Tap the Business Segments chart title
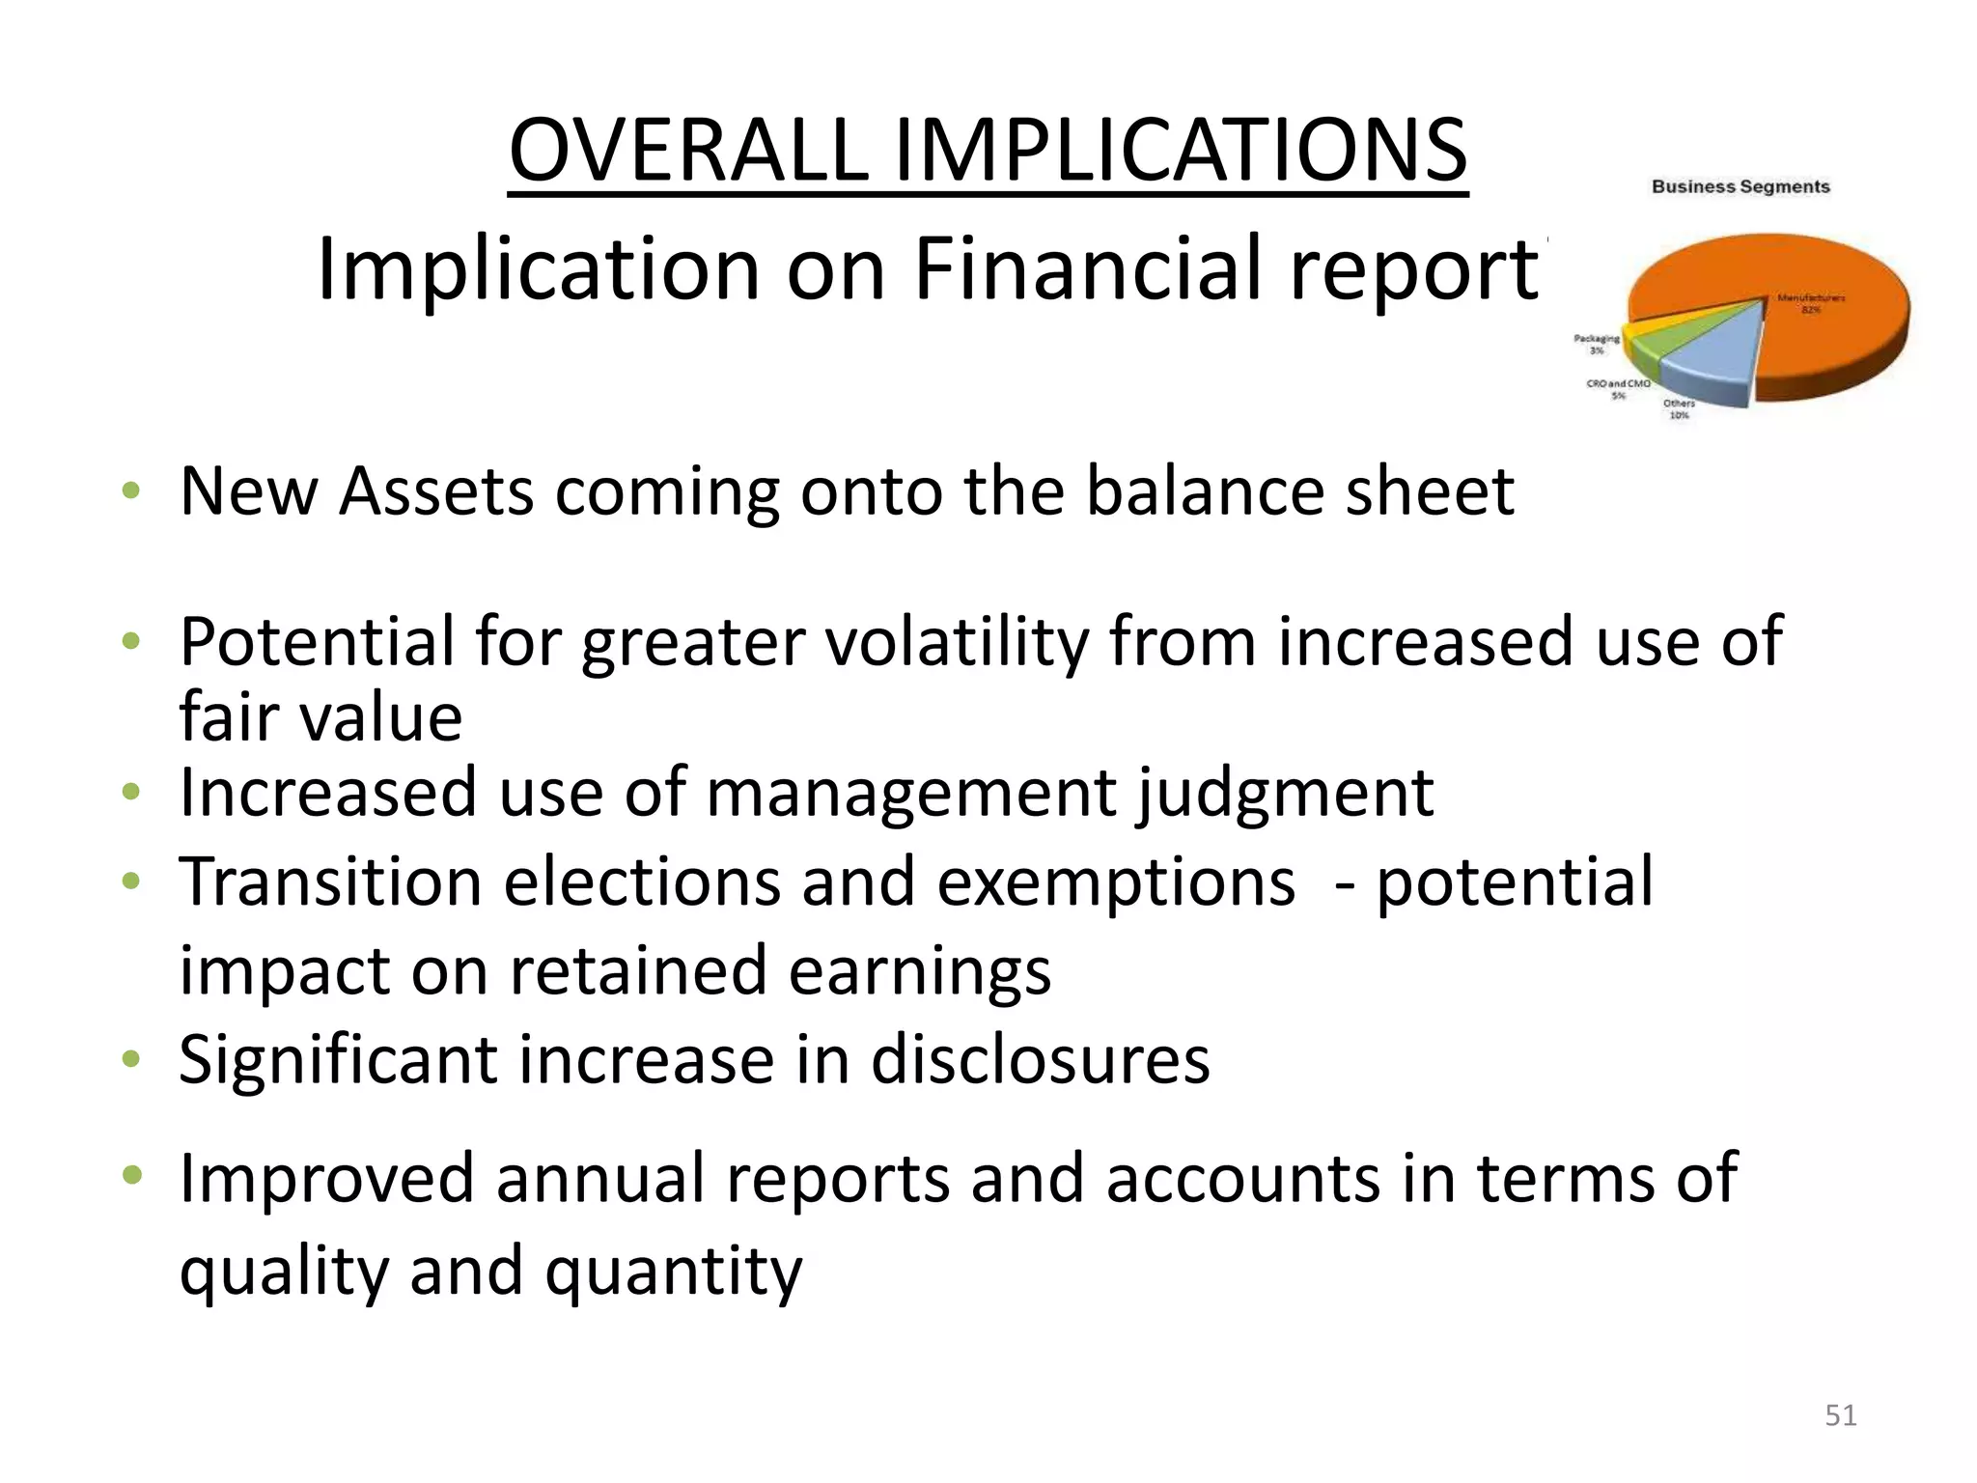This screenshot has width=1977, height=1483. click(1740, 186)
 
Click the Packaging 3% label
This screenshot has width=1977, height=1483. click(1597, 345)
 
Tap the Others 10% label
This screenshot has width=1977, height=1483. click(1680, 409)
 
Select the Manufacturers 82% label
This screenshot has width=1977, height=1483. click(1811, 304)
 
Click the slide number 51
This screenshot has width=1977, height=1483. click(1841, 1415)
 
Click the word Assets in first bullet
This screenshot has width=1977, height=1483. click(436, 491)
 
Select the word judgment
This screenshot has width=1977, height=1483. click(1285, 793)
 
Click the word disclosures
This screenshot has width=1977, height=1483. click(1040, 1059)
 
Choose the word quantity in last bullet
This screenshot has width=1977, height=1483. click(673, 1270)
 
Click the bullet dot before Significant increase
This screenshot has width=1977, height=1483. click(132, 1059)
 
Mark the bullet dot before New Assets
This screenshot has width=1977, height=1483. click(132, 491)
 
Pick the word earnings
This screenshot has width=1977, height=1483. click(919, 970)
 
